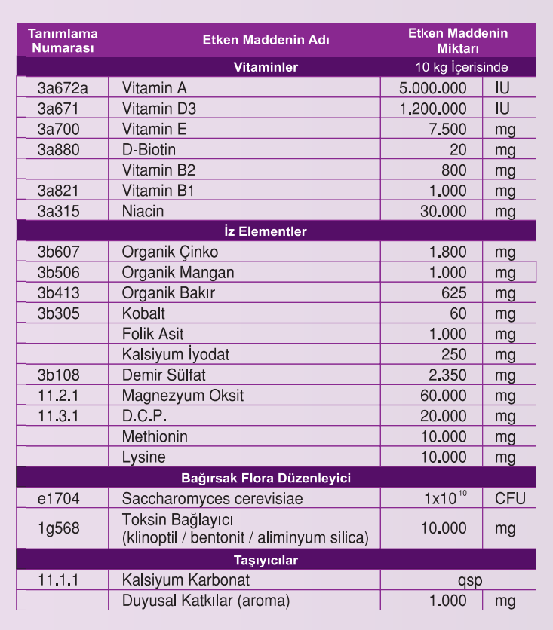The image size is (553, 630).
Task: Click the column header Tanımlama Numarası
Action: click(x=63, y=41)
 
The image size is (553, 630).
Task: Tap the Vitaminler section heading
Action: click(x=266, y=67)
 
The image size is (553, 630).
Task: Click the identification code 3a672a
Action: click(x=63, y=88)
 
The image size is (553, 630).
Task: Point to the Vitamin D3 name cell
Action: click(x=158, y=109)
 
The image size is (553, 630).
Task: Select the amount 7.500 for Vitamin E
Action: click(x=447, y=129)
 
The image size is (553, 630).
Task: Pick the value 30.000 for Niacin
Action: click(x=444, y=211)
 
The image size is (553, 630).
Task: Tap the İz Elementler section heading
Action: click(x=266, y=231)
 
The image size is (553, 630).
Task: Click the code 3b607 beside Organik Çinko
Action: click(x=59, y=252)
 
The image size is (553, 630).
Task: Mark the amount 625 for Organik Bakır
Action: click(x=453, y=293)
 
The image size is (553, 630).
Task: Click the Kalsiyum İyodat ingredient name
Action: click(x=176, y=354)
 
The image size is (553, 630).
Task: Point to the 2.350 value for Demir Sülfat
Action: click(x=447, y=375)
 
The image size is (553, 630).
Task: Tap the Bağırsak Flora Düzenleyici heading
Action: click(x=266, y=478)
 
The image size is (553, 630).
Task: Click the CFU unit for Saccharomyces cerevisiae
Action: click(x=510, y=498)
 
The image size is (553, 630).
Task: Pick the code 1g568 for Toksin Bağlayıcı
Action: click(x=58, y=528)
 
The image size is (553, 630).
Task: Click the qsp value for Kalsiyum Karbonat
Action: click(x=469, y=580)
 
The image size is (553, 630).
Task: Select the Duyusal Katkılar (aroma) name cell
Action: click(x=205, y=601)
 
